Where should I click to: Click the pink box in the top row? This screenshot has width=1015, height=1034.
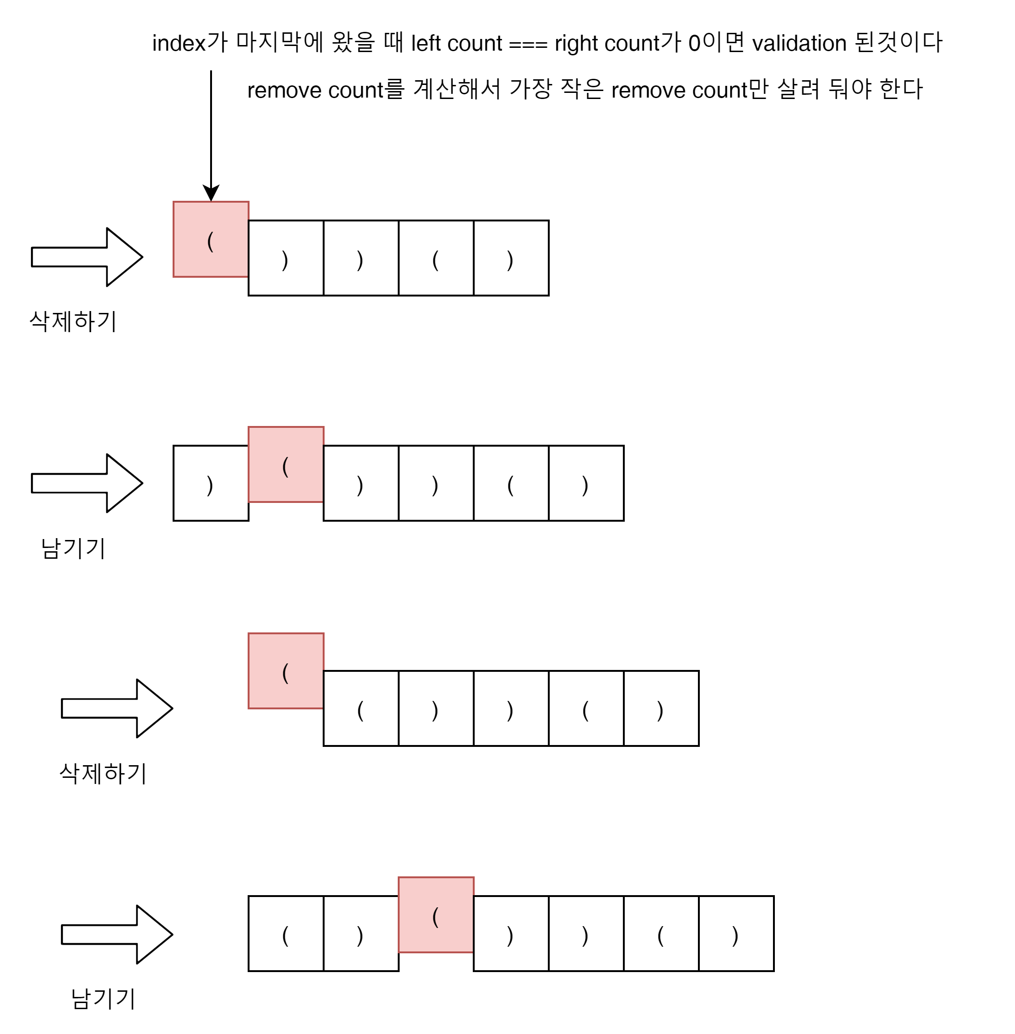(211, 239)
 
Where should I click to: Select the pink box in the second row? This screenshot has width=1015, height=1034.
(286, 464)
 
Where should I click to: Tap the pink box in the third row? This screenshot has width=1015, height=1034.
(286, 671)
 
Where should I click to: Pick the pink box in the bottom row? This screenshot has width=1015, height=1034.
(436, 914)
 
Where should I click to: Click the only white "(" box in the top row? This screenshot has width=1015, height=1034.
(436, 258)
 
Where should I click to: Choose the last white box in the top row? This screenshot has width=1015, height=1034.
(511, 258)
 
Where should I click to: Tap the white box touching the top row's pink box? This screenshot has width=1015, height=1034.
(286, 258)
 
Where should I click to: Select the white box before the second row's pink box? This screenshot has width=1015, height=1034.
(211, 483)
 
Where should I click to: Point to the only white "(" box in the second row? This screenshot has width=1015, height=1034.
(511, 483)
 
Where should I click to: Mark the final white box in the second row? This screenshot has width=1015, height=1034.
(586, 483)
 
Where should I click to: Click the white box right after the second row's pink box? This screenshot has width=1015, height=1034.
(361, 483)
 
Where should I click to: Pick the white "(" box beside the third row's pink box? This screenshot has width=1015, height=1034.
(361, 708)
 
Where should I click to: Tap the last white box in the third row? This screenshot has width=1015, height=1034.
(661, 708)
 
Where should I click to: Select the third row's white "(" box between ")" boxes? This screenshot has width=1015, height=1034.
(586, 708)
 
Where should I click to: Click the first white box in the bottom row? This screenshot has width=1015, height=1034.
(286, 933)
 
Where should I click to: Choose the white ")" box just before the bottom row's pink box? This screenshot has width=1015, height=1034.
(361, 933)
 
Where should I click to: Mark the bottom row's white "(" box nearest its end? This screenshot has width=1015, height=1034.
(661, 933)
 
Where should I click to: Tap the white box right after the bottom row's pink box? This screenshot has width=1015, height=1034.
(511, 933)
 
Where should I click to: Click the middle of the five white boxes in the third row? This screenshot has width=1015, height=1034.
(511, 708)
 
